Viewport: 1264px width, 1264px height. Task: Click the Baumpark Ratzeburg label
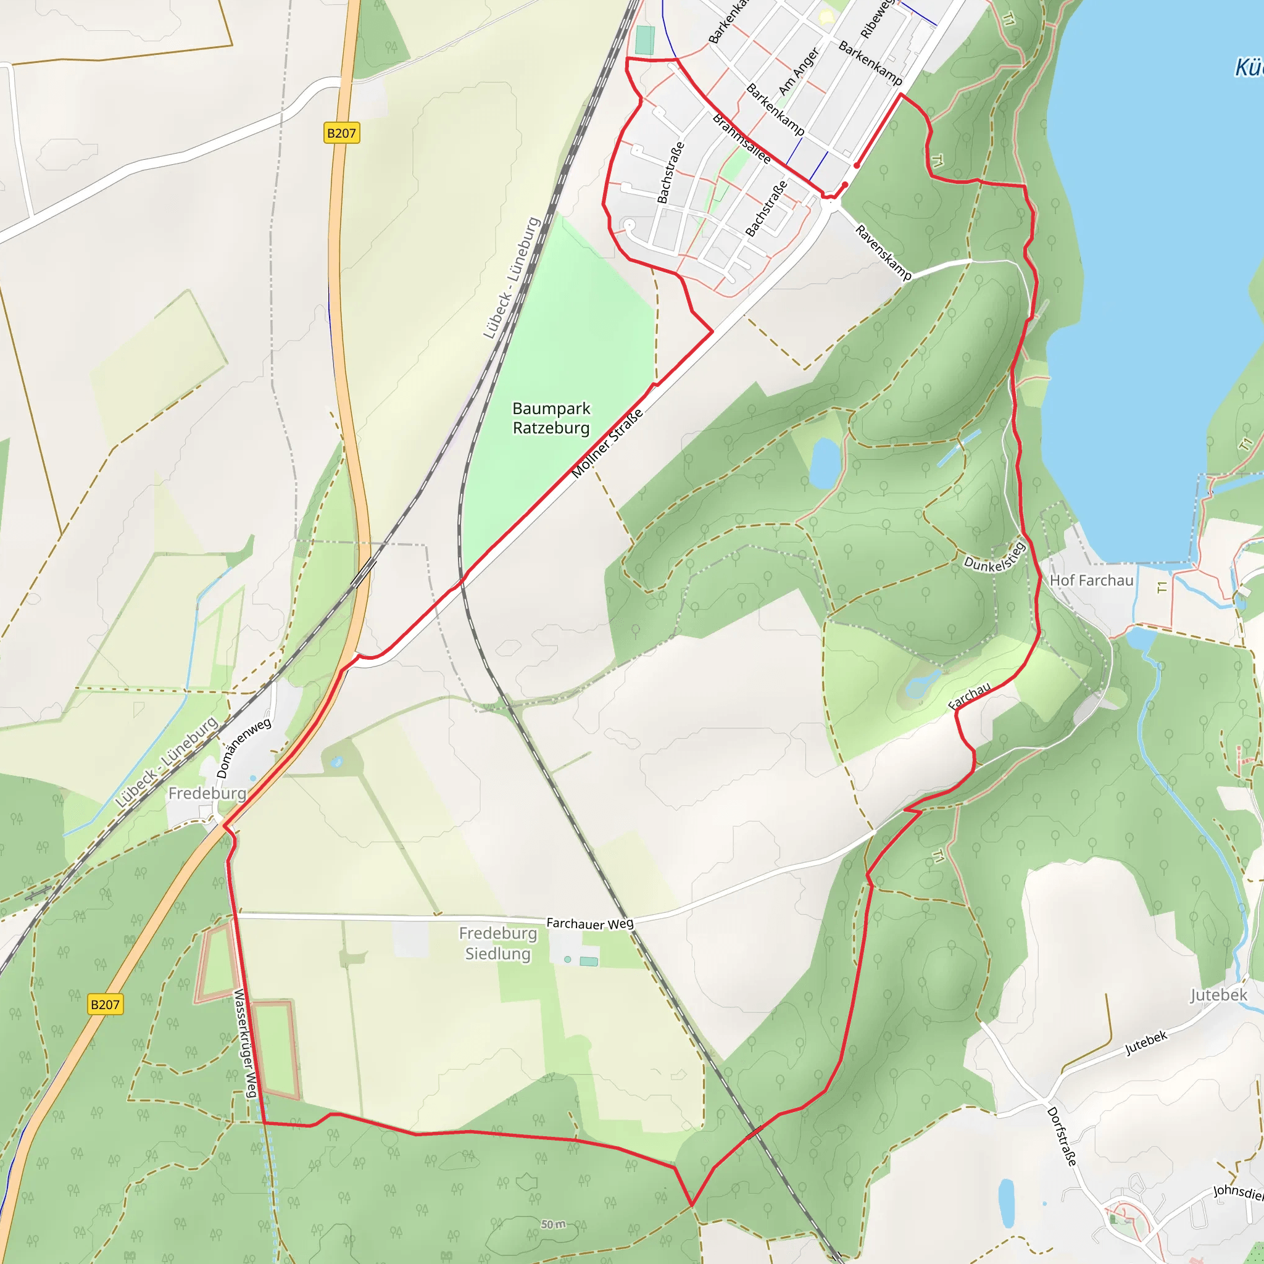point(551,418)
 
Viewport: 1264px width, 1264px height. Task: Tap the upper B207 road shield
point(341,133)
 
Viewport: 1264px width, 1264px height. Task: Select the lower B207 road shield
point(105,1004)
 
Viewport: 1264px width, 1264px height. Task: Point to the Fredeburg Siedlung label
point(498,943)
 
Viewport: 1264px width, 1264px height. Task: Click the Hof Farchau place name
point(1091,580)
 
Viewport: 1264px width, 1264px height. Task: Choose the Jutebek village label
point(1218,995)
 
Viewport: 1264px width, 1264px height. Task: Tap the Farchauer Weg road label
point(589,923)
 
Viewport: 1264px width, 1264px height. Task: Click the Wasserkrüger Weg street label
point(244,1043)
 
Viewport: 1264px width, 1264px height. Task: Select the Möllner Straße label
point(607,443)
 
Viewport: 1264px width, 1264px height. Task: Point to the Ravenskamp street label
point(883,252)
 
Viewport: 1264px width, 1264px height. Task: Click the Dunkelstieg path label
point(994,558)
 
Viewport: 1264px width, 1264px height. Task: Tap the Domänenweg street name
point(243,748)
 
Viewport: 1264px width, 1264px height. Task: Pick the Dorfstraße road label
point(1061,1136)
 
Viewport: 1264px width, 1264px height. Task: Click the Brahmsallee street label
point(741,139)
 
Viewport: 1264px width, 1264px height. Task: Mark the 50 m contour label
point(554,1224)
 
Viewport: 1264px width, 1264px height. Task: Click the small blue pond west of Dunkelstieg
point(825,462)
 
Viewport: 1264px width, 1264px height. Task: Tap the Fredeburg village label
point(207,794)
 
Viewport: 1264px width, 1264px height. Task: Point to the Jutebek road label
point(1146,1043)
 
